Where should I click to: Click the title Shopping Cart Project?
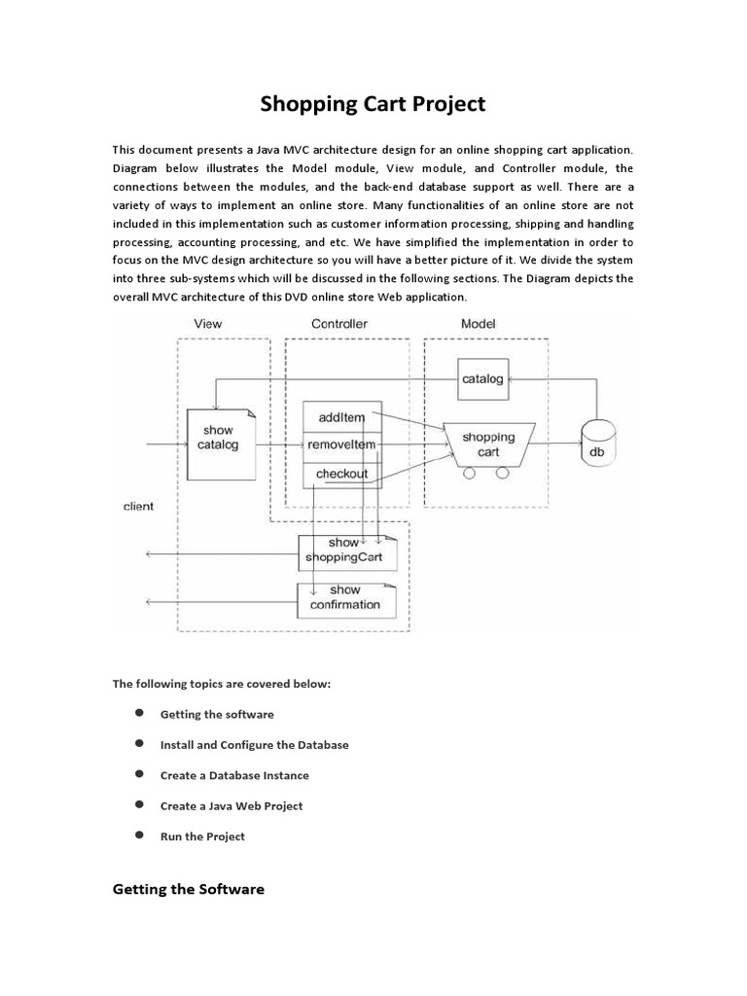click(373, 103)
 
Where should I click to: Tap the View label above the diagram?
click(208, 323)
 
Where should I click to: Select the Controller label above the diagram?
click(339, 323)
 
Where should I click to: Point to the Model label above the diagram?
click(478, 323)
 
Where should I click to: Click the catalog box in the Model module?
click(482, 378)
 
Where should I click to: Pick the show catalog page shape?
click(218, 438)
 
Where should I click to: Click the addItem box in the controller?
click(341, 417)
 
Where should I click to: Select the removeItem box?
click(341, 445)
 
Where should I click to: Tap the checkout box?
click(341, 474)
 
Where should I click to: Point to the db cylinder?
click(597, 442)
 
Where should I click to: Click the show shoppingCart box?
click(348, 551)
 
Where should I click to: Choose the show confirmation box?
click(346, 597)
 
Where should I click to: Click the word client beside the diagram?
click(138, 507)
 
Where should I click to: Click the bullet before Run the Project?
click(139, 835)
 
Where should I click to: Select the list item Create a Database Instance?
click(234, 775)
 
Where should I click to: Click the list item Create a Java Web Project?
click(231, 805)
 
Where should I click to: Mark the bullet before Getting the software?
click(139, 713)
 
